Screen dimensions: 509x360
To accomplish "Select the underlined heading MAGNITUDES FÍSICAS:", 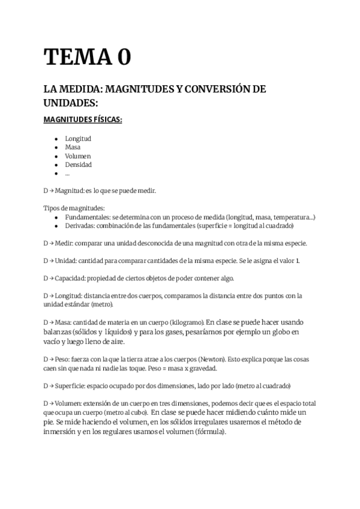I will pyautogui.click(x=83, y=119).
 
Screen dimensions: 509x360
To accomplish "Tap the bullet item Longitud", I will pyautogui.click(x=78, y=139).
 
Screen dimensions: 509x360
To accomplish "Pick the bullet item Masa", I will pyautogui.click(x=73, y=147).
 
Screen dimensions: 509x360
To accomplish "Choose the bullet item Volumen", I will pyautogui.click(x=78, y=156).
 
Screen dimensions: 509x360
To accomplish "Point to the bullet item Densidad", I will pyautogui.click(x=79, y=164).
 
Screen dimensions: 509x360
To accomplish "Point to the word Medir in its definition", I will pyautogui.click(x=65, y=243).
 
